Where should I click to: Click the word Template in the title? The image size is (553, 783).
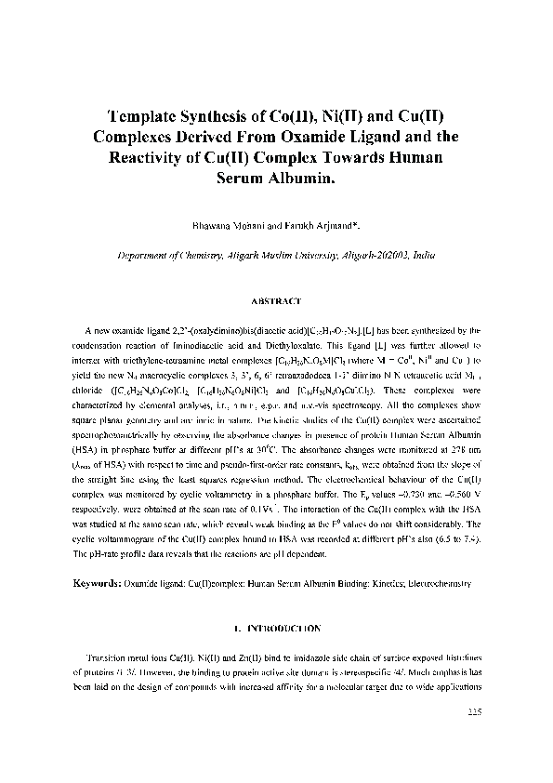click(x=152, y=117)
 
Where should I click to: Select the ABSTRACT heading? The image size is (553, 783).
click(x=276, y=300)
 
